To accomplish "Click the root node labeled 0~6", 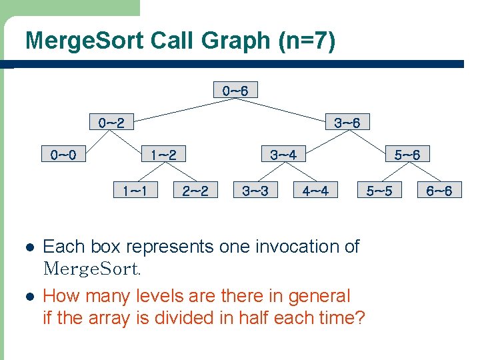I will click(235, 90).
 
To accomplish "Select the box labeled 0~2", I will click(111, 123).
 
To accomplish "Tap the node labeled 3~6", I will click(347, 123).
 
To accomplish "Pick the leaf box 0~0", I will click(63, 155).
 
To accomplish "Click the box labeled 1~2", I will click(163, 155).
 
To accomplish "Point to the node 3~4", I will click(283, 155).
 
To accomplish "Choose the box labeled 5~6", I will click(407, 155).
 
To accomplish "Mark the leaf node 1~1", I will click(135, 191).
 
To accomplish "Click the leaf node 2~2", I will click(195, 191).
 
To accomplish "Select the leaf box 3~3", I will click(255, 191).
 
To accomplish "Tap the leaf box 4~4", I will click(315, 191).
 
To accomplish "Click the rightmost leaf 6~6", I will click(439, 191).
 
